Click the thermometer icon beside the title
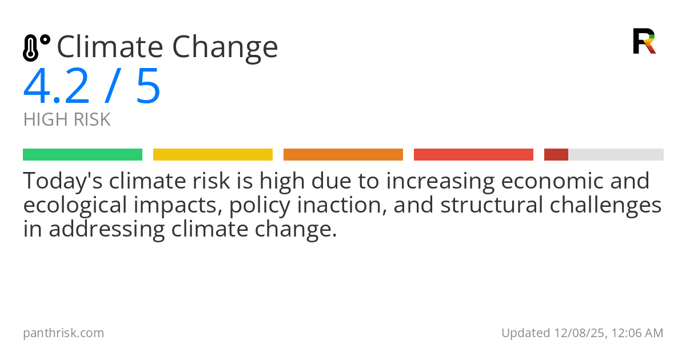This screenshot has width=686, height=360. (x=35, y=48)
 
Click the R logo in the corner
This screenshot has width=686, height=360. (x=644, y=41)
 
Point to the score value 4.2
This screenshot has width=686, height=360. (x=56, y=87)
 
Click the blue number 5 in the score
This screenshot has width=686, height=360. (x=148, y=87)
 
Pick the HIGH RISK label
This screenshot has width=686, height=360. (x=67, y=120)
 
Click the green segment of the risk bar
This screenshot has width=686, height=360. (x=82, y=155)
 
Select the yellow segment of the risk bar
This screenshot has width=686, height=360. (x=213, y=155)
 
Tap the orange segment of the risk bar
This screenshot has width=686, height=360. (x=343, y=155)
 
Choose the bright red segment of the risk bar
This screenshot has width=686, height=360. (x=473, y=155)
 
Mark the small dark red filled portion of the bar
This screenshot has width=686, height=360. (x=556, y=155)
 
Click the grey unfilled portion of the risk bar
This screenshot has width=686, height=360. (x=616, y=155)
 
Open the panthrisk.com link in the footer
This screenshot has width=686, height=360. (x=63, y=333)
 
